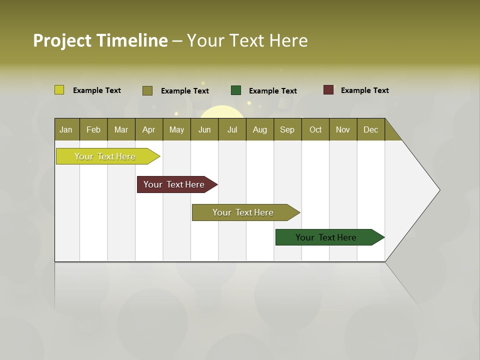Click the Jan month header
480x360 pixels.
click(x=66, y=129)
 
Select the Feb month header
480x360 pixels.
click(x=93, y=129)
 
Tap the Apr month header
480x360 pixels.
click(x=148, y=129)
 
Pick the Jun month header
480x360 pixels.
click(x=204, y=129)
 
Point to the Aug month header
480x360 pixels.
click(x=259, y=129)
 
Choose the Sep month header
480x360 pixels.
click(x=287, y=129)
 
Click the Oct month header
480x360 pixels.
click(x=315, y=129)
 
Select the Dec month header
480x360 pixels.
click(x=370, y=129)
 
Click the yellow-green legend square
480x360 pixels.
click(x=59, y=90)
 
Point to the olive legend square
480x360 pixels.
click(x=147, y=90)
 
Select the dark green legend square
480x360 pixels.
click(x=236, y=90)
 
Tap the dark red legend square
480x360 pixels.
click(x=328, y=90)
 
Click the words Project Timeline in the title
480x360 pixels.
click(x=100, y=40)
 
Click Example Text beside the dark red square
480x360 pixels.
click(x=364, y=90)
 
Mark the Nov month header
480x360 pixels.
click(x=342, y=129)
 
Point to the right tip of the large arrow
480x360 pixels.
click(x=438, y=190)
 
